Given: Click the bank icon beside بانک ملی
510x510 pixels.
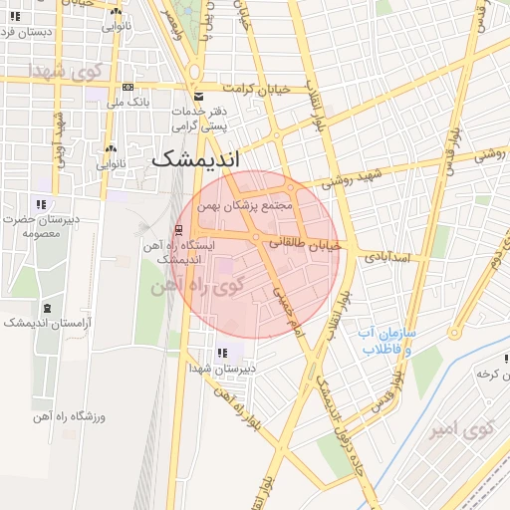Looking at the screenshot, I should point(127,88).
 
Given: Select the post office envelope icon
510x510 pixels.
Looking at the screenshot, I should point(199,96).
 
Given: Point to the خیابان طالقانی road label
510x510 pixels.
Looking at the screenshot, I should point(307,242).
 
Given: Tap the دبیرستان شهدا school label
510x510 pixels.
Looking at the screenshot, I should point(223,368).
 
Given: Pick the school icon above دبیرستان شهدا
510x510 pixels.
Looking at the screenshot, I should point(221,352).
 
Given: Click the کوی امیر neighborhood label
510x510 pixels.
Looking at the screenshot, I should point(462,430).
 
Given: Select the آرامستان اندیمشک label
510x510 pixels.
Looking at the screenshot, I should point(47,323).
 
